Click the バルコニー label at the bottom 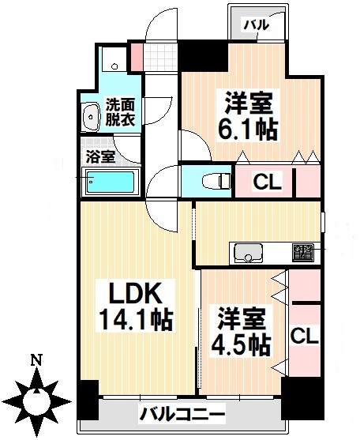tap(183, 413)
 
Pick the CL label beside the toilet tap(267, 182)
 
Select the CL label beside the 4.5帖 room tap(304, 336)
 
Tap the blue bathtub tap(111, 184)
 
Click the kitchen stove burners tap(302, 253)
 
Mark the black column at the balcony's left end tap(87, 401)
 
